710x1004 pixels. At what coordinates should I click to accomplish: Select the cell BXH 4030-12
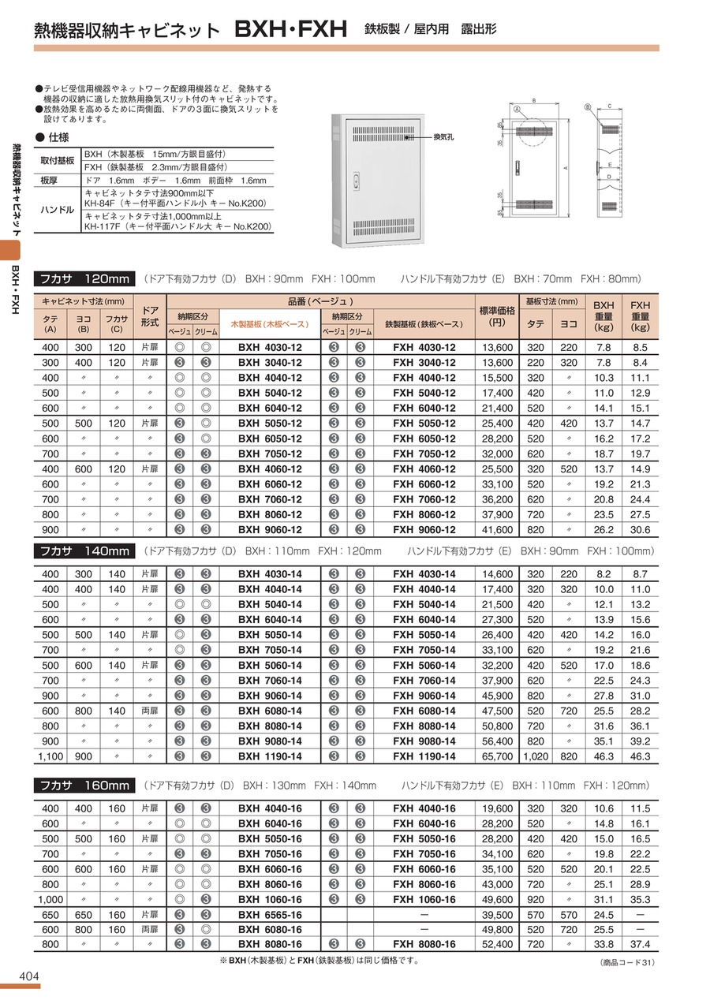270,348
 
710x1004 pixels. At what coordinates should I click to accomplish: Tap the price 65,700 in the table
496,756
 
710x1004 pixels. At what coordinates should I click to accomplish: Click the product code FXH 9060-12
424,529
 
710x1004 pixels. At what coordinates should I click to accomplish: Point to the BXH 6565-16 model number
270,914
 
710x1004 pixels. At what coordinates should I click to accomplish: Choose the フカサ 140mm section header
84,551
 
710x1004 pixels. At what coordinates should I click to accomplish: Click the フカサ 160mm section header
84,786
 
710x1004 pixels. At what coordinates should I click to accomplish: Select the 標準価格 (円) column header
496,315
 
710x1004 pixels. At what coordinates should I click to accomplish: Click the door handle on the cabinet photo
356,179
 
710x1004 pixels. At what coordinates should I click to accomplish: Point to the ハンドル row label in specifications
56,210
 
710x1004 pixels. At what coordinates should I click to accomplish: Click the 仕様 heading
58,137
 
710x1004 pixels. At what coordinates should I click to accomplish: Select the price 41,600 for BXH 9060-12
496,529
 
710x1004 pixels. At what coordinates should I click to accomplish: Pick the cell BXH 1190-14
270,756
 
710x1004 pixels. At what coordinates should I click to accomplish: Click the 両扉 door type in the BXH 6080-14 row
150,711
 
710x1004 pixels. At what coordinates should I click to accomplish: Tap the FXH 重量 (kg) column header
640,315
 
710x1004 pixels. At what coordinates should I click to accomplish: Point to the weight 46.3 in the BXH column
603,756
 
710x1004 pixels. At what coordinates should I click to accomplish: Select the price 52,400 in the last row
496,944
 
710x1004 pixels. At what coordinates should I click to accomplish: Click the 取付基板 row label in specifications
57,160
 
